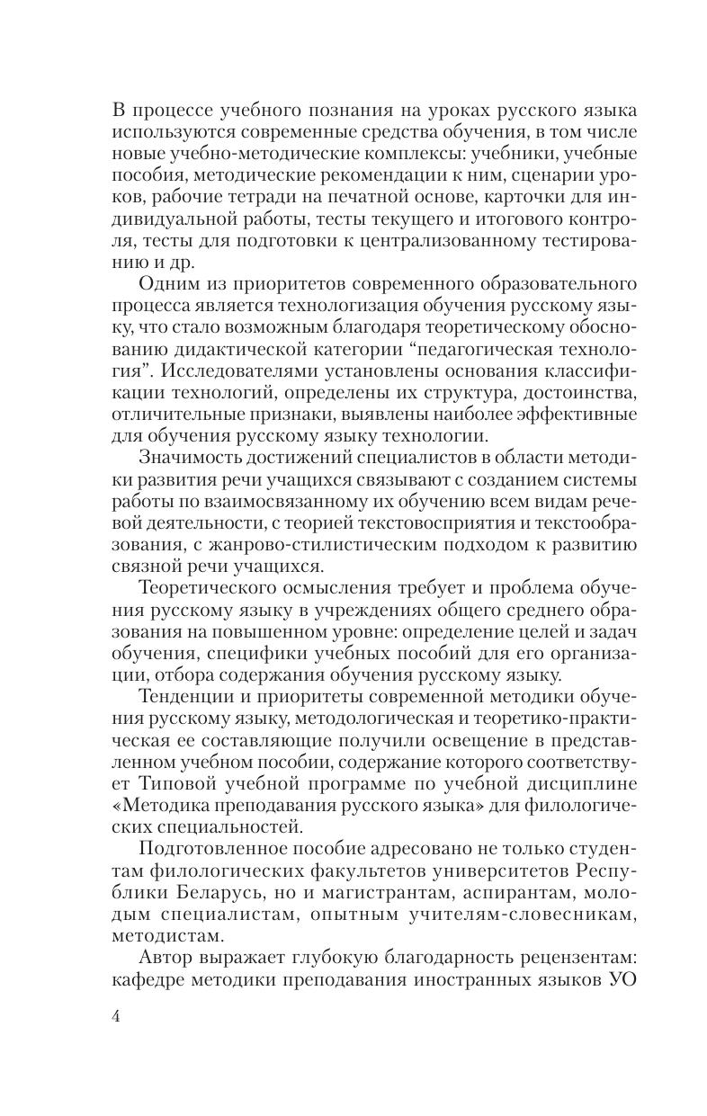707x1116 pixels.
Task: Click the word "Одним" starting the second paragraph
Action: pyautogui.click(x=169, y=290)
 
